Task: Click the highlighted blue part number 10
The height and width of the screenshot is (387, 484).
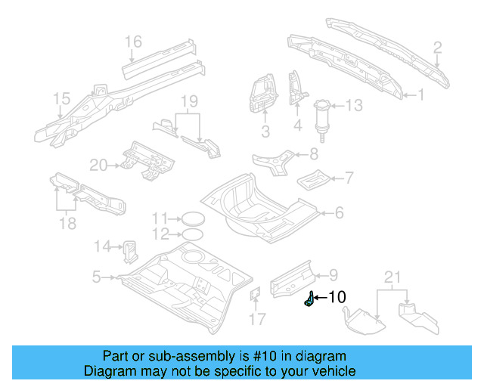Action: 309,300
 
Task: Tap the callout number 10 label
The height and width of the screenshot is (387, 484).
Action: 336,297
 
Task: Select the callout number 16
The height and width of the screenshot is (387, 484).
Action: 133,42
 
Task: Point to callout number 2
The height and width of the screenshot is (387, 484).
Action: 437,49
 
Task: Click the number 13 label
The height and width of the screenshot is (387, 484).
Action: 355,105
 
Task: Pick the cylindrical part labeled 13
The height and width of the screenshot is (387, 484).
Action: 324,114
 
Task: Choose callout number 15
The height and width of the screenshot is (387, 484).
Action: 60,99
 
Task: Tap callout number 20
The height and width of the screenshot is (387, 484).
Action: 99,165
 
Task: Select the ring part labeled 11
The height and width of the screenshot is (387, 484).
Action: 194,218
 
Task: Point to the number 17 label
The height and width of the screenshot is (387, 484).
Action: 258,319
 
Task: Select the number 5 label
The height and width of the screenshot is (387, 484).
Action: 96,277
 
